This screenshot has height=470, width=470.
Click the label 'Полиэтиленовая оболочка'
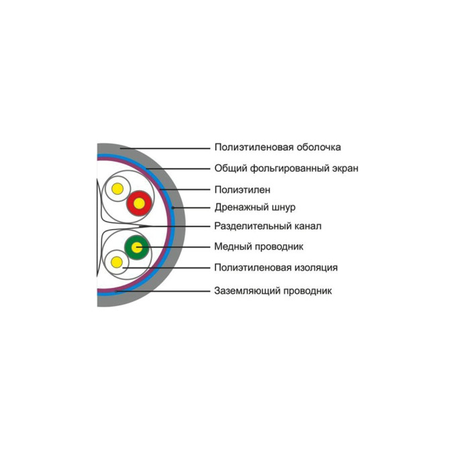click(x=277, y=147)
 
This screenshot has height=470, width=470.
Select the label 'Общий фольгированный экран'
click(x=286, y=168)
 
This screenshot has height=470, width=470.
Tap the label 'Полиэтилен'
click(x=242, y=190)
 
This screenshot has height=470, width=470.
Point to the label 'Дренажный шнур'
click(x=254, y=207)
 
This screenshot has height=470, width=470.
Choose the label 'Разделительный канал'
click(x=268, y=226)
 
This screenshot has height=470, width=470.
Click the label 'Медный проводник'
click(x=258, y=246)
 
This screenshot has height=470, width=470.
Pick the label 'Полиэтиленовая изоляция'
click(x=276, y=267)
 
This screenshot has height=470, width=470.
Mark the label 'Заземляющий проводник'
click(x=273, y=291)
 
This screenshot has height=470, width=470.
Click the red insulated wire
click(x=139, y=203)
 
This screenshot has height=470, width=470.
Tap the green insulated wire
click(x=137, y=248)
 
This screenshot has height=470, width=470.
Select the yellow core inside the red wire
click(x=139, y=203)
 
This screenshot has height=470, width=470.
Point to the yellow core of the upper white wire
click(x=117, y=189)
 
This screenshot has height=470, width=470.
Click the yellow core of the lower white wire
click(x=117, y=263)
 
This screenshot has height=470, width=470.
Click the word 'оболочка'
click(x=319, y=147)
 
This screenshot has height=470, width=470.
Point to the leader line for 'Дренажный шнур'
click(x=191, y=207)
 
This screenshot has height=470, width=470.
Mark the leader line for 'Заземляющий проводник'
click(x=163, y=291)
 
